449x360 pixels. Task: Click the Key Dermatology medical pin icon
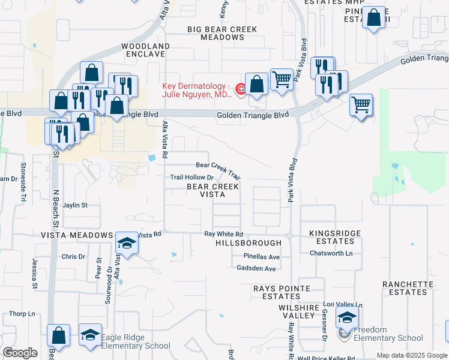(x=241, y=89)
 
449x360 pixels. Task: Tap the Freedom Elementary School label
(x=388, y=334)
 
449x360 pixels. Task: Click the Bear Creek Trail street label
(x=218, y=169)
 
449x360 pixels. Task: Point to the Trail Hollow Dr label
(x=191, y=177)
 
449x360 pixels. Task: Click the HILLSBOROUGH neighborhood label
(x=249, y=243)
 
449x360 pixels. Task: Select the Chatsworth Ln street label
(x=331, y=253)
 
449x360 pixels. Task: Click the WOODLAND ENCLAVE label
(x=143, y=50)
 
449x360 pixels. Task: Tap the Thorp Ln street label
(x=23, y=314)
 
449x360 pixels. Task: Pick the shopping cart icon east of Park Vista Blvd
(x=361, y=106)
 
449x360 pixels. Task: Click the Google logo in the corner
(x=20, y=353)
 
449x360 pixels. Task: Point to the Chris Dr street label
(x=73, y=257)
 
